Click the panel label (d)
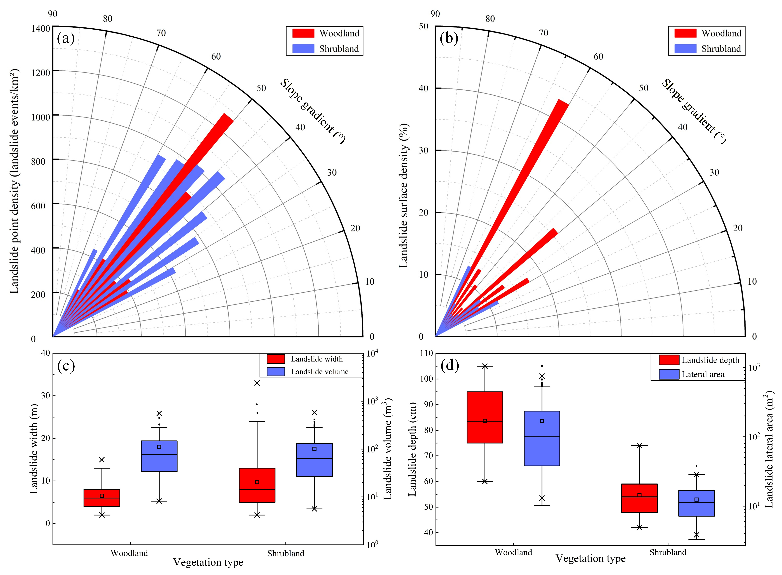coord(450,365)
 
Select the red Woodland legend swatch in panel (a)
coord(303,33)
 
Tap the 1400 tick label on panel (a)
coord(41,29)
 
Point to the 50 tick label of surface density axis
coord(423,26)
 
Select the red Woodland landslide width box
coord(102,498)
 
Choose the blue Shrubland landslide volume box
coord(314,460)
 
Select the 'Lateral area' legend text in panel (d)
coord(703,375)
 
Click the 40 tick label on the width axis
coord(46,353)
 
